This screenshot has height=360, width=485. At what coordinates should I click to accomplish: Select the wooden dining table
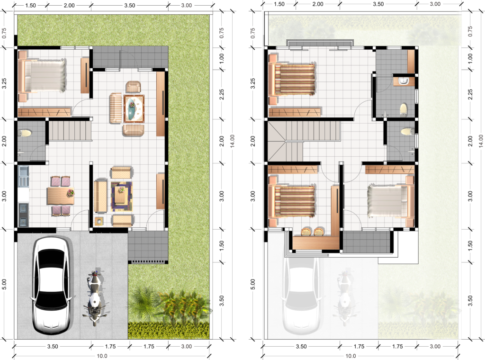pyautogui.click(x=61, y=196)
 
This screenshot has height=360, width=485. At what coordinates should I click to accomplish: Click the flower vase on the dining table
pyautogui.click(x=71, y=192)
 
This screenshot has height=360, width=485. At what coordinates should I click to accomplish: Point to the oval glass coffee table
pyautogui.click(x=134, y=108)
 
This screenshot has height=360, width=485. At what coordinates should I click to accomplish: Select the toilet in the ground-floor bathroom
pyautogui.click(x=25, y=133)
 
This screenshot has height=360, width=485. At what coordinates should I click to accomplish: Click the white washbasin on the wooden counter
pyautogui.click(x=403, y=81)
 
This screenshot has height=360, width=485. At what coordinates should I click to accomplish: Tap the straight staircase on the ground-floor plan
pyautogui.click(x=71, y=130)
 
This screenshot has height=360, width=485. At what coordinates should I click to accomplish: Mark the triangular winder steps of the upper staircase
pyautogui.click(x=277, y=141)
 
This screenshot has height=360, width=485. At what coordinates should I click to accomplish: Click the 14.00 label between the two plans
pyautogui.click(x=232, y=141)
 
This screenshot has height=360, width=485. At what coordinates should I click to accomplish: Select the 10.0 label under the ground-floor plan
pyautogui.click(x=102, y=356)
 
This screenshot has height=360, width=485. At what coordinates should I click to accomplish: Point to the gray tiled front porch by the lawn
pyautogui.click(x=148, y=246)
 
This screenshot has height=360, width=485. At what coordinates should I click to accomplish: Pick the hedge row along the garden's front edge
pyautogui.click(x=169, y=330)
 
